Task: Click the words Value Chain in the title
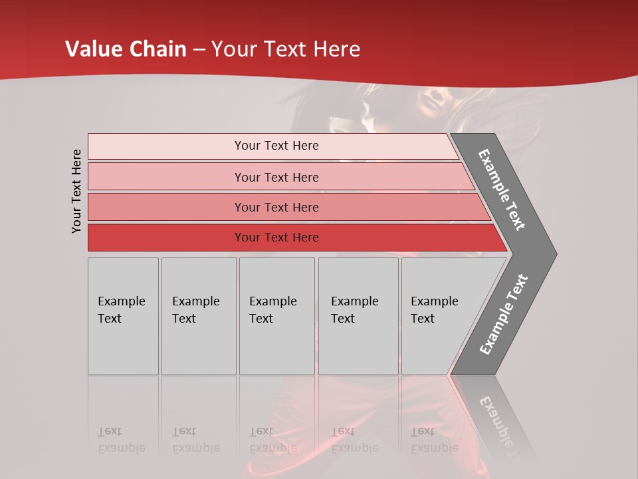126,49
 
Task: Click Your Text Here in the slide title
286,49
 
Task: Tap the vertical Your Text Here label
76,191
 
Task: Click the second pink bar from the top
276,177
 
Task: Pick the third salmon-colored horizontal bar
276,207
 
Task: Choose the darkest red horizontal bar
276,238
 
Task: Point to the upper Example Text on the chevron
502,190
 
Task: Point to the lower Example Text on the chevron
504,314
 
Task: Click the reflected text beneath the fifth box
433,440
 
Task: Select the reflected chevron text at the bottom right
500,426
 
